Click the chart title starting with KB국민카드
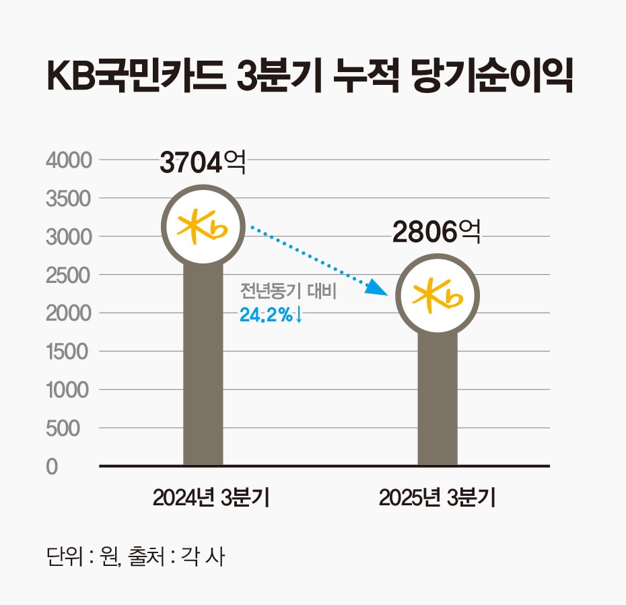click(x=310, y=79)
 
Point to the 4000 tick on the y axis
click(x=67, y=161)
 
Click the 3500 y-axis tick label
click(x=67, y=199)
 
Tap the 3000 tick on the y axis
click(x=67, y=237)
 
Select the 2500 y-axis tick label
click(x=67, y=276)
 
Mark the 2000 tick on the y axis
click(x=67, y=314)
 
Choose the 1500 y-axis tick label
click(x=67, y=352)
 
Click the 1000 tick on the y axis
click(x=67, y=390)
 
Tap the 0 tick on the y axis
click(x=53, y=467)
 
